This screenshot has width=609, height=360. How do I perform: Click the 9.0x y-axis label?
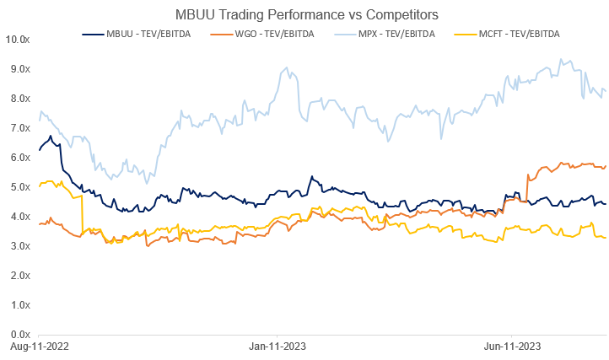pyautogui.click(x=19, y=69)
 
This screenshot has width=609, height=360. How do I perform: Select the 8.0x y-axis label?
pyautogui.click(x=19, y=99)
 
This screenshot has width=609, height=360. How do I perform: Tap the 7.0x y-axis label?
pyautogui.click(x=19, y=128)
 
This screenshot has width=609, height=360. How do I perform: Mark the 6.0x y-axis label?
pyautogui.click(x=19, y=158)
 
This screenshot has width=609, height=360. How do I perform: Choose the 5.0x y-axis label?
pyautogui.click(x=19, y=187)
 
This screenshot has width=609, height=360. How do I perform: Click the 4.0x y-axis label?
pyautogui.click(x=19, y=217)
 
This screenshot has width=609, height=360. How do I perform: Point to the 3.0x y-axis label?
pyautogui.click(x=19, y=246)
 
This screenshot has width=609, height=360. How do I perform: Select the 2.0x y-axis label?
pyautogui.click(x=19, y=276)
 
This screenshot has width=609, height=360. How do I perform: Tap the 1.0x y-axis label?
pyautogui.click(x=19, y=305)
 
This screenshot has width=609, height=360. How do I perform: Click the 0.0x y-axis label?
pyautogui.click(x=19, y=335)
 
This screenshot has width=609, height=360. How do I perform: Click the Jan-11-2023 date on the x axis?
pyautogui.click(x=277, y=347)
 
